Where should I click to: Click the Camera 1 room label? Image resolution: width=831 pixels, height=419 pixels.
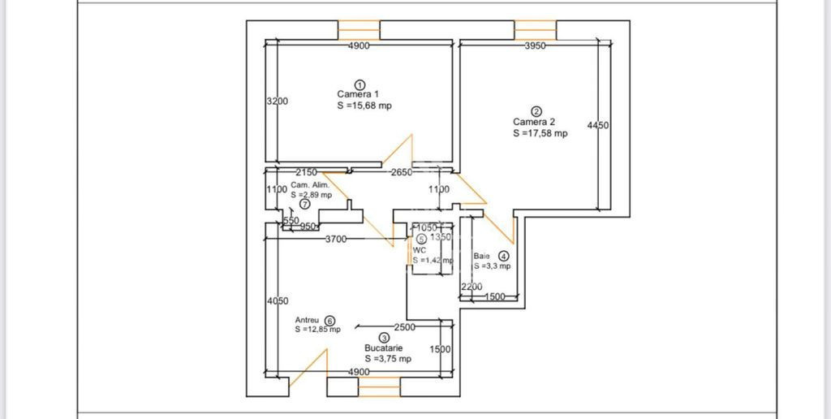(358, 94)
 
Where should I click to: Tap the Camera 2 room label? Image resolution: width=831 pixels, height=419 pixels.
(533, 122)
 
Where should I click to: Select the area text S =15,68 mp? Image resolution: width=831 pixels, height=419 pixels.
(364, 106)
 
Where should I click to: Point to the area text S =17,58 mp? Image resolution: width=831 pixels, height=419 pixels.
(540, 133)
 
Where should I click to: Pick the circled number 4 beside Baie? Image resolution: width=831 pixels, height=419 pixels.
(503, 256)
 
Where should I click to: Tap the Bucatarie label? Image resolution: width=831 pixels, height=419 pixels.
(383, 348)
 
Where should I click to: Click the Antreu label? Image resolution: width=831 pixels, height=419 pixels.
(307, 320)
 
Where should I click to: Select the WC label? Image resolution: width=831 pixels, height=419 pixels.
(419, 250)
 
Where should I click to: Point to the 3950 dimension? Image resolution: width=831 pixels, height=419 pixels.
(534, 46)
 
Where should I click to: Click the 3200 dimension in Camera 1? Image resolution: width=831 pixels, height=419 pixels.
(278, 102)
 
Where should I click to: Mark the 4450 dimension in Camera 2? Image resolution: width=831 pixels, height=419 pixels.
(598, 125)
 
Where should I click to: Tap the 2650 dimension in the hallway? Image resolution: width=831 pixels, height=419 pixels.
(401, 172)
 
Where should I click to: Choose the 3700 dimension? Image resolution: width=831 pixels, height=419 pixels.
(337, 239)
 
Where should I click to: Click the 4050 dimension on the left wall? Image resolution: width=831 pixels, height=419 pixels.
(278, 301)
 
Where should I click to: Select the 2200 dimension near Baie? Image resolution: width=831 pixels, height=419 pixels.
(471, 287)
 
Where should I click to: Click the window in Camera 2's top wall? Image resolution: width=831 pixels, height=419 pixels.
(535, 29)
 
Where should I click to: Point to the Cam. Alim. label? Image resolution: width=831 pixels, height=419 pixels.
(309, 185)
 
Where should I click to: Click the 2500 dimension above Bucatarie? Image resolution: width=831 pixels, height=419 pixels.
(404, 327)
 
